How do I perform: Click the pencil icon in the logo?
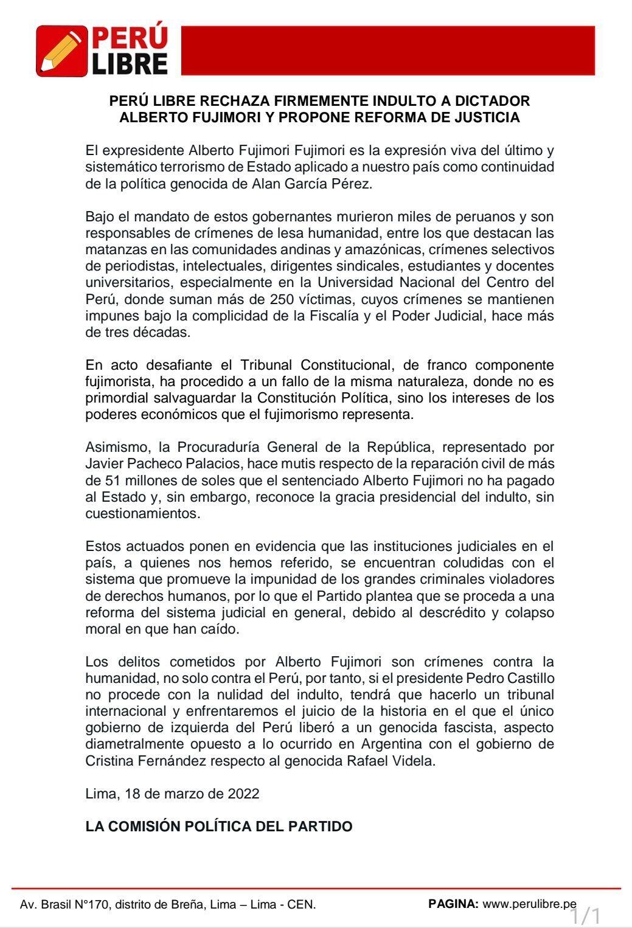click(61, 51)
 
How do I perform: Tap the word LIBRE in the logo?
click(130, 63)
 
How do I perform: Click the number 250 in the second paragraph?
click(349, 299)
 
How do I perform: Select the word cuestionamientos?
click(142, 513)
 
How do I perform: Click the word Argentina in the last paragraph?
click(392, 744)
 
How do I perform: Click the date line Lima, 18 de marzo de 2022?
click(172, 794)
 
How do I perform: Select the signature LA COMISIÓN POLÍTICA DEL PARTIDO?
click(218, 826)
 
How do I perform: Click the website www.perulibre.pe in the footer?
click(529, 904)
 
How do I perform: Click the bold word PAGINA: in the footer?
click(453, 904)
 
